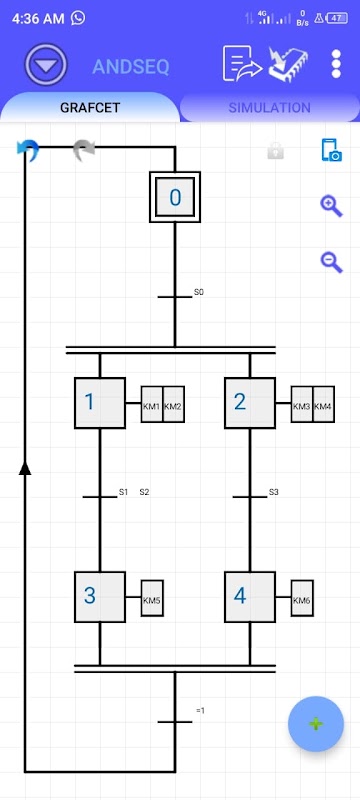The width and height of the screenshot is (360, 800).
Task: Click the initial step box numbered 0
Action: pyautogui.click(x=175, y=197)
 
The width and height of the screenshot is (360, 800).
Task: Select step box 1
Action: pyautogui.click(x=100, y=403)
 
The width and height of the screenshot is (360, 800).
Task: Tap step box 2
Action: pyautogui.click(x=250, y=403)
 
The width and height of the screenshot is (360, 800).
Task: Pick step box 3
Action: pyautogui.click(x=100, y=597)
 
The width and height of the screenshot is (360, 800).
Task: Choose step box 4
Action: pyautogui.click(x=250, y=597)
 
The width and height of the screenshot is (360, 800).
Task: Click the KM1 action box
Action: pyautogui.click(x=152, y=404)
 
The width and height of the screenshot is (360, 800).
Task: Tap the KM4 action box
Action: pyautogui.click(x=324, y=404)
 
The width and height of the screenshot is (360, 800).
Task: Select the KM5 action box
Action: pyautogui.click(x=152, y=598)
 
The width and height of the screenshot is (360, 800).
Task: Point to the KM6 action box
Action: pyautogui.click(x=302, y=598)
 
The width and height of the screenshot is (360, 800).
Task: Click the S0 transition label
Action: pyautogui.click(x=199, y=292)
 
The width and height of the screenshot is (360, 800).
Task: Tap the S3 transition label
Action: pyautogui.click(x=274, y=492)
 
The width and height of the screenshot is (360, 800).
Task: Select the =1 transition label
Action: pyautogui.click(x=200, y=710)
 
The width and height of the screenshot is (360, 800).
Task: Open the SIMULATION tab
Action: pyautogui.click(x=269, y=108)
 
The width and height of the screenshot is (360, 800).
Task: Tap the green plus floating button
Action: pyautogui.click(x=316, y=724)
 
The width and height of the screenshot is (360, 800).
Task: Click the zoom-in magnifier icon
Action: pyautogui.click(x=331, y=206)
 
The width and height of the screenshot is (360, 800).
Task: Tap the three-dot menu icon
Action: pyautogui.click(x=336, y=64)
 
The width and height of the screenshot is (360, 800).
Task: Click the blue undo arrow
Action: pyautogui.click(x=28, y=150)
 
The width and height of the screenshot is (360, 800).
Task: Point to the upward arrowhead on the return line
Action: pyautogui.click(x=25, y=467)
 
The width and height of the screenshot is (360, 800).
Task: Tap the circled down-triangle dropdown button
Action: pyautogui.click(x=46, y=65)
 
